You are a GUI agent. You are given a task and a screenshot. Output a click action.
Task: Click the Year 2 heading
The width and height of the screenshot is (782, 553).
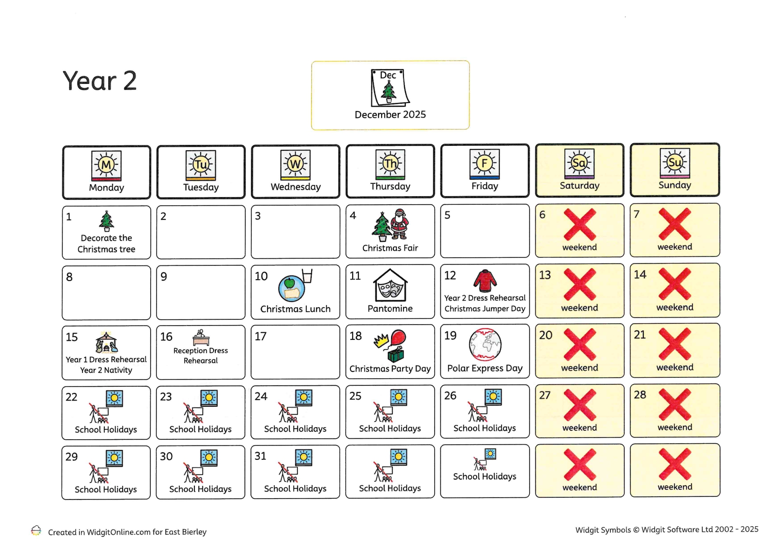99,81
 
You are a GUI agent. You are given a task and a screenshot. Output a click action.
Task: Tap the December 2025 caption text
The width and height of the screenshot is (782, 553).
390,115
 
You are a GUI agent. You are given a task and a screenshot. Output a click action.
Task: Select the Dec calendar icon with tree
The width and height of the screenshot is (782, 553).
389,87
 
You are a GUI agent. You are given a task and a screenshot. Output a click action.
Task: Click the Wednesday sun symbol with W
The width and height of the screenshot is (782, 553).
295,164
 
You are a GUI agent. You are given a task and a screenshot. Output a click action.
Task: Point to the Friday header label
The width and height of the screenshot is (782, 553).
485,186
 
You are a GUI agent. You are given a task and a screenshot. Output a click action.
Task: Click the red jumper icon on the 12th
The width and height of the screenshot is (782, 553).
485,281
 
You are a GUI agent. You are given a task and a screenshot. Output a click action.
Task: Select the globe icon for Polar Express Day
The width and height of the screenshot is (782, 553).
485,344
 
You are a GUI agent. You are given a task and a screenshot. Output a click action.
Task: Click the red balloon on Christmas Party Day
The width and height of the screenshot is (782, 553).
398,338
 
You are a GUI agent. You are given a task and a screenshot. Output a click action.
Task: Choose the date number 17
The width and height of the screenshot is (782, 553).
260,336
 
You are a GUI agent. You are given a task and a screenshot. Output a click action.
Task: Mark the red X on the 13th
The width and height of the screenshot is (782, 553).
580,285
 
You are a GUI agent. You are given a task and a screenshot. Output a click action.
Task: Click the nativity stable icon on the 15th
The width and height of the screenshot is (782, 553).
106,343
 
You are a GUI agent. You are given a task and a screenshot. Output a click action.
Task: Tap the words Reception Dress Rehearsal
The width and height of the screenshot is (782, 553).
201,355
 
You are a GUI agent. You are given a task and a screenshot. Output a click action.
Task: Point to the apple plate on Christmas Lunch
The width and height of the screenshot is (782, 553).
291,289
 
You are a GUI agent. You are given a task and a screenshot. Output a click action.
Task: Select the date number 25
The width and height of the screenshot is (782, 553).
355,396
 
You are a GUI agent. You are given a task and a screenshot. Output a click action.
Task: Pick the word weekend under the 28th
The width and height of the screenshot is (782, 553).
675,427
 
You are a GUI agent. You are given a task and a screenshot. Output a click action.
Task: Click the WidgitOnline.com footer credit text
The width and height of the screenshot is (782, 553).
127,532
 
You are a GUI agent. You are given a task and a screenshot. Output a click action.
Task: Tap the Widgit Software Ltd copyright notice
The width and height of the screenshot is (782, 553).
667,529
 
